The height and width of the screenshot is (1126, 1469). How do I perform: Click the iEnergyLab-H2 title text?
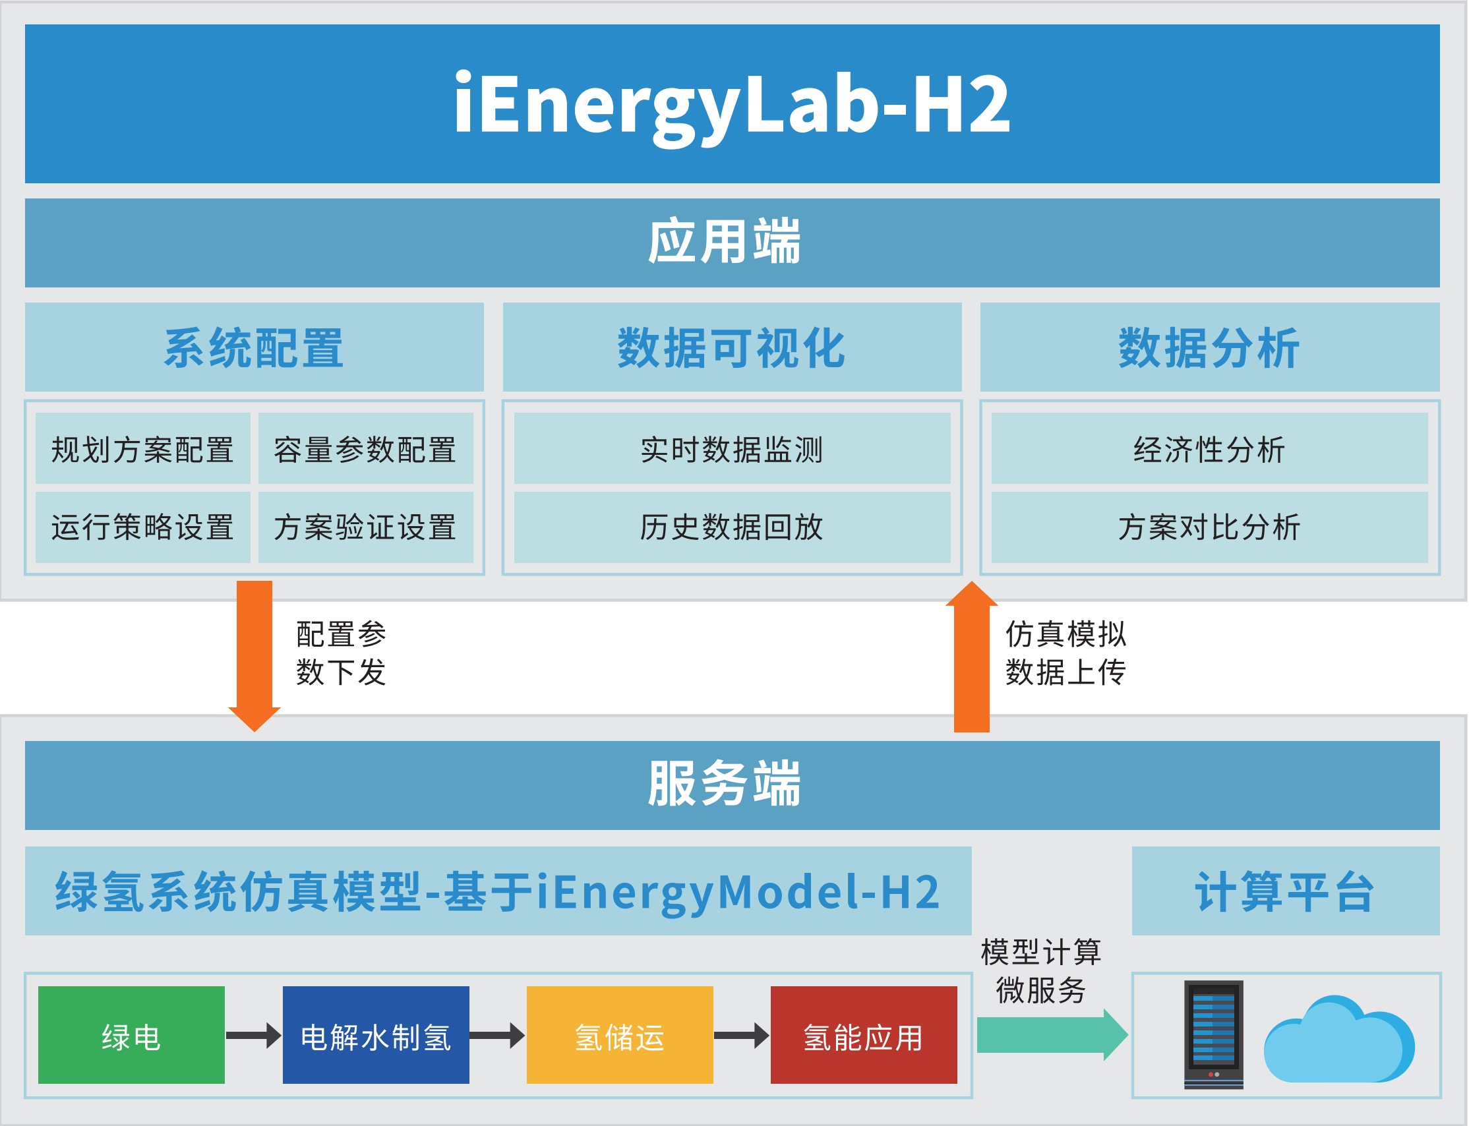[732, 104]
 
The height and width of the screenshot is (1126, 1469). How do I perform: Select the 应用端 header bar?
[732, 243]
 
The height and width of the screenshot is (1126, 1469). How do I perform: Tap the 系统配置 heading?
[254, 347]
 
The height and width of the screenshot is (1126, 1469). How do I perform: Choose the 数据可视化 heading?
[732, 347]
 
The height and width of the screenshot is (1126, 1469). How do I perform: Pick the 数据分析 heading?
[1210, 347]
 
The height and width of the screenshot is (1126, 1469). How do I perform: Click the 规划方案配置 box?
[142, 448]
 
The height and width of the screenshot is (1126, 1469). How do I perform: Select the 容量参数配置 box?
[365, 448]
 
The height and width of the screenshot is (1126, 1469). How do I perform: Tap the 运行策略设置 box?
[142, 527]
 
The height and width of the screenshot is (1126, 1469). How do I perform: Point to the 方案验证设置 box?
[365, 527]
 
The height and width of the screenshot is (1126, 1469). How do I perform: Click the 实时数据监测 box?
[732, 448]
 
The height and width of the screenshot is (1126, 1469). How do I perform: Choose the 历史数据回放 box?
[732, 527]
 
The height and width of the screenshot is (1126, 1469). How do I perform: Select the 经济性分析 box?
[1210, 448]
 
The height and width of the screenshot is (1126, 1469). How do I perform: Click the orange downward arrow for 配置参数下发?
[254, 653]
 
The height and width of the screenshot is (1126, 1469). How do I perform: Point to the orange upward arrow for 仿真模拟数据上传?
[971, 660]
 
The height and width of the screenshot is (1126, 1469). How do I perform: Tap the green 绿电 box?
[131, 1036]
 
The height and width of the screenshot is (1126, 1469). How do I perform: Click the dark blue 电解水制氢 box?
[376, 1036]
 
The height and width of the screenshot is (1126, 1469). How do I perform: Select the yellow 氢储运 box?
[620, 1036]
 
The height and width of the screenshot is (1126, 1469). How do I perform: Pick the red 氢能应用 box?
[864, 1036]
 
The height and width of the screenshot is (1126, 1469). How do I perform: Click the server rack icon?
[1214, 1034]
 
